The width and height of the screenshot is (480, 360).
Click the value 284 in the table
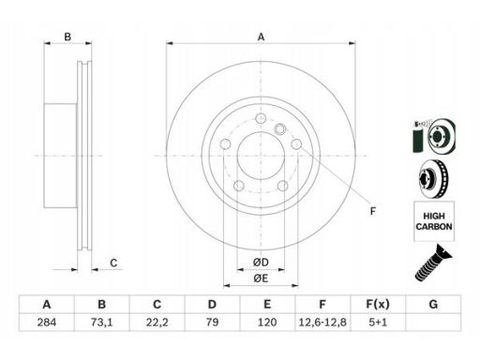(47, 322)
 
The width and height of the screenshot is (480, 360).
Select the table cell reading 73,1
(101, 322)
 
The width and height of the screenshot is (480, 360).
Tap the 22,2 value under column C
(157, 322)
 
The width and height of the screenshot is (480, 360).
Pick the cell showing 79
(212, 322)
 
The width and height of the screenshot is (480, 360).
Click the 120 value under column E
(267, 322)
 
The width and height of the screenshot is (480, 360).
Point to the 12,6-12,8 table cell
(322, 322)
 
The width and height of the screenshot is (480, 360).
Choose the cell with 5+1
(378, 322)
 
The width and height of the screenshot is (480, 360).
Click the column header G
(433, 304)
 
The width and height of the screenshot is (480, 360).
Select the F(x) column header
(378, 304)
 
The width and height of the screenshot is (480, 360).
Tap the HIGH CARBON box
(434, 221)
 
